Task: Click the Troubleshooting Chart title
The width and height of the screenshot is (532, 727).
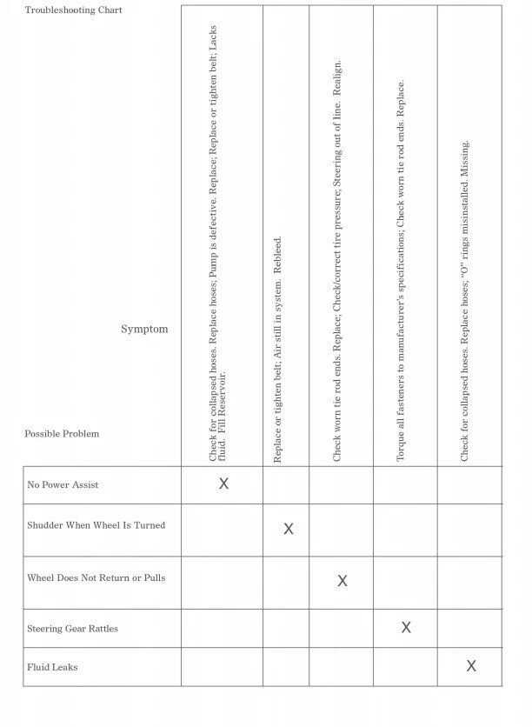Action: coord(73,10)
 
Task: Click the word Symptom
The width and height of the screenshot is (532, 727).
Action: coord(144,329)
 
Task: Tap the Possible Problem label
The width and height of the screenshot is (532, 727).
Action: coord(62,433)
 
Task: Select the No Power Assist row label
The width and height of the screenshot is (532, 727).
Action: coord(63,484)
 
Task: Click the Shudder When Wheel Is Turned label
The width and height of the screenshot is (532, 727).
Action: coord(96,525)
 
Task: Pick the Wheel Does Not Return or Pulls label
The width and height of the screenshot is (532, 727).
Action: coord(96,577)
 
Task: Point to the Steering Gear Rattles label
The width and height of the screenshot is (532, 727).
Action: coord(72,628)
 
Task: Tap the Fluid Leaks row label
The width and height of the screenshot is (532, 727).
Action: coord(52,667)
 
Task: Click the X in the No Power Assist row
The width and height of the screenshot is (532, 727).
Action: coord(223,484)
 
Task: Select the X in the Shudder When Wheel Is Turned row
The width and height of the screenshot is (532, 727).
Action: coord(289,529)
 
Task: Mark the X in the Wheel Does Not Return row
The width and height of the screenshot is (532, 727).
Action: coord(342,581)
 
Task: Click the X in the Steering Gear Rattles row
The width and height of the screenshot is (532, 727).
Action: coord(405,627)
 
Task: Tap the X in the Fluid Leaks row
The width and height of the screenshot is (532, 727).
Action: coord(471,666)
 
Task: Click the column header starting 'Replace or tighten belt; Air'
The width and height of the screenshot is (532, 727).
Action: coord(278,348)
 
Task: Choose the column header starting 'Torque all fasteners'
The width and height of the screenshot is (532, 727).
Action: coord(402,270)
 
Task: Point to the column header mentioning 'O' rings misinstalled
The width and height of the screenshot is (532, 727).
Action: coord(465,300)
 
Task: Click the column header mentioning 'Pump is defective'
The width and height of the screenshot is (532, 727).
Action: coord(219,243)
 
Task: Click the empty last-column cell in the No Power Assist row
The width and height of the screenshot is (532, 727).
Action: coord(469,484)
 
